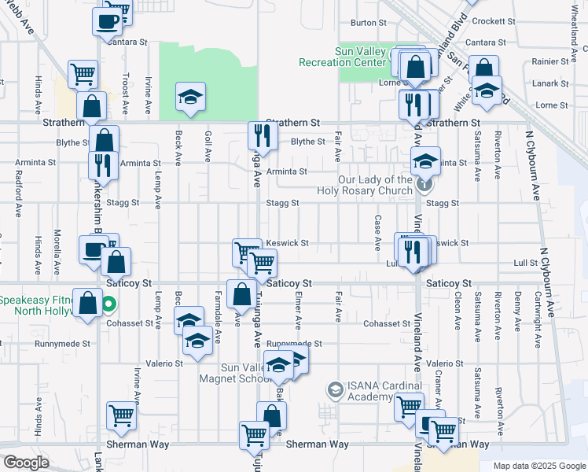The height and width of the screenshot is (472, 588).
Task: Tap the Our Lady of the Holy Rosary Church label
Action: point(365,185)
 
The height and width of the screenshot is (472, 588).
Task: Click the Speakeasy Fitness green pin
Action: point(110,302)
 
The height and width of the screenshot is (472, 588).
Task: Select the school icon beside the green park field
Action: point(190,96)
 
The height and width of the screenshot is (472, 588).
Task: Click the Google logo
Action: point(26,463)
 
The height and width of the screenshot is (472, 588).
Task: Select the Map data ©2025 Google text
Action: point(538,466)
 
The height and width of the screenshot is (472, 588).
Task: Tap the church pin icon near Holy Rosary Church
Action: point(424,185)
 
